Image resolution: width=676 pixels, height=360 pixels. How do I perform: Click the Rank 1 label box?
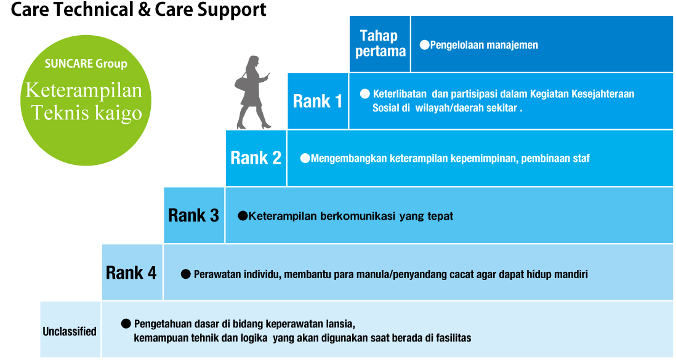(x=318, y=102)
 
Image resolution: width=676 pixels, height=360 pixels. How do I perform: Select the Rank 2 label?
(x=256, y=158)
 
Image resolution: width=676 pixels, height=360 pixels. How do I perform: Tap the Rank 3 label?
(x=193, y=215)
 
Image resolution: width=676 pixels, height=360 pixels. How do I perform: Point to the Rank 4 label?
(x=131, y=273)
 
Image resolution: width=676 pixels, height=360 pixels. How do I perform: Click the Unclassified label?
(x=70, y=331)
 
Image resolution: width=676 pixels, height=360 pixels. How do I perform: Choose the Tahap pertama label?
(x=380, y=43)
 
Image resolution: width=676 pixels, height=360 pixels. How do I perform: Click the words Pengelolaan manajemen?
(x=484, y=45)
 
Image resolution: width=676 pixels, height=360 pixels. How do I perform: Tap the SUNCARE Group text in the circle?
(x=86, y=64)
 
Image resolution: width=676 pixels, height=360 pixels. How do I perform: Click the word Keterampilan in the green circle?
(x=84, y=90)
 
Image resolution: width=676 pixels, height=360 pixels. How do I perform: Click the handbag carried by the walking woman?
(x=242, y=82)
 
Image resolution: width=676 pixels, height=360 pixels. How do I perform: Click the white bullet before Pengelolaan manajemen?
(x=425, y=45)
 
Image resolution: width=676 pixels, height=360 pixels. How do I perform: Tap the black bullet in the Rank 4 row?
(x=186, y=274)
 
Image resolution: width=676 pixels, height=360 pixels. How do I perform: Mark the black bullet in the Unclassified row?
(x=126, y=323)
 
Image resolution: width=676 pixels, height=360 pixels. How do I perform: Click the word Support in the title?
(x=232, y=9)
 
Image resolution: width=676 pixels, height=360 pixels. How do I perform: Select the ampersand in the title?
(x=144, y=9)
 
